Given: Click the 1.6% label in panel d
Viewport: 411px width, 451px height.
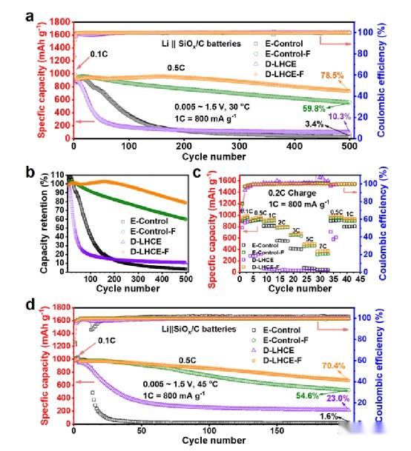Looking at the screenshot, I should pos(330,416).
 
